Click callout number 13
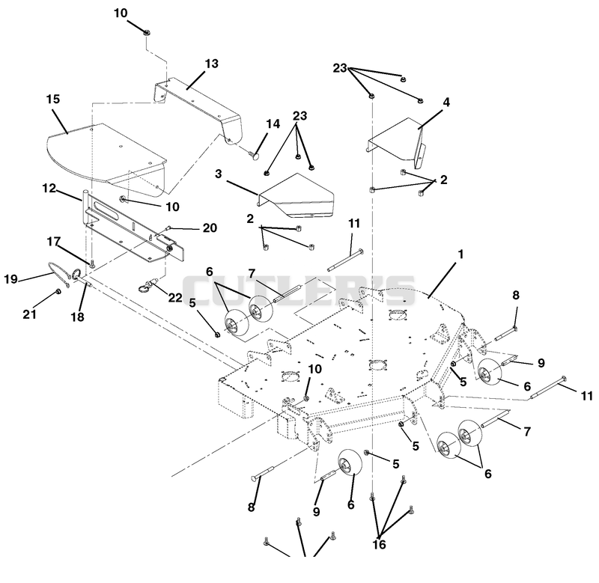[x=212, y=64]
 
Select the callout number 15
[x=53, y=99]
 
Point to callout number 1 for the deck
[x=460, y=254]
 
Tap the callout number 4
[x=446, y=102]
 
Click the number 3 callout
[x=218, y=174]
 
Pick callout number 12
[x=49, y=188]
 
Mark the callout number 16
[x=379, y=544]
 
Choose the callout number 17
[x=54, y=241]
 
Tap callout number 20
[x=210, y=228]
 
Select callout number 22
[x=175, y=297]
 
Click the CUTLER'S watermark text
[x=299, y=290]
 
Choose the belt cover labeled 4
[x=398, y=142]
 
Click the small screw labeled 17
[x=91, y=262]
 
